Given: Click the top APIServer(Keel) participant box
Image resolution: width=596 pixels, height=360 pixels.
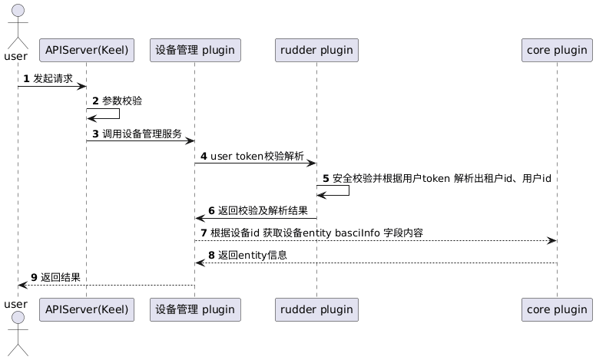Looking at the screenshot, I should point(86,51).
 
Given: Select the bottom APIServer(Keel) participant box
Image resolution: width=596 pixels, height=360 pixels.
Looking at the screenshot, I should point(86,309).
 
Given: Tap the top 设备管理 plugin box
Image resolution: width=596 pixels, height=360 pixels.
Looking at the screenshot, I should point(194,51).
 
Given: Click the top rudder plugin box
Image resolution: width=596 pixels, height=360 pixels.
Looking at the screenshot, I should point(316,51).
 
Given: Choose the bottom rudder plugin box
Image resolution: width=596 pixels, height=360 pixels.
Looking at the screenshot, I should point(316,309).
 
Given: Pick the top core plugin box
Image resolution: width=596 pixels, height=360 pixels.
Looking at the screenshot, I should point(556,51).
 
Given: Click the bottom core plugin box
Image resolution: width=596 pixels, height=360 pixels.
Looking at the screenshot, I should point(556,309).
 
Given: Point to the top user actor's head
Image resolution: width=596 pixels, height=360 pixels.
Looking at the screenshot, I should point(17,10).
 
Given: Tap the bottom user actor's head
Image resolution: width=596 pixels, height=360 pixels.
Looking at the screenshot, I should point(17,318).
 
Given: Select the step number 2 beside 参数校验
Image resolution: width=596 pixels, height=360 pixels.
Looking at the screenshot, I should point(95,101).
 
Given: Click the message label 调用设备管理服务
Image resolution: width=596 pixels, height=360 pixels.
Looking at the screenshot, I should point(142,134).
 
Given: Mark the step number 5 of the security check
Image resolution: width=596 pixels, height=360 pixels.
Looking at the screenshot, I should point(326,179).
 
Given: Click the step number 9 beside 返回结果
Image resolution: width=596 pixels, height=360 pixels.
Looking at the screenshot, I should point(35,277).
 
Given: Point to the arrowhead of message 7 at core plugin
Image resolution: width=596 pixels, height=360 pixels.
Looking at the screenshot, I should point(551,241).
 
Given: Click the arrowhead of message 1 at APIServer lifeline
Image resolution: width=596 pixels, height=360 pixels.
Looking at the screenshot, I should point(81,86).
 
